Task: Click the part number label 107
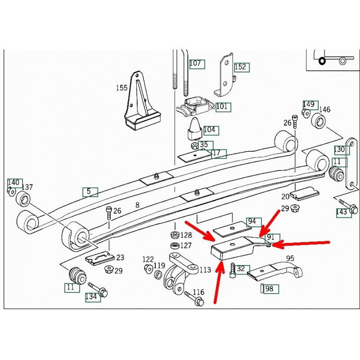point(196,63)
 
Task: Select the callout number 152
point(241,67)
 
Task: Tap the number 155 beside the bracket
point(121,88)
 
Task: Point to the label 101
point(222,107)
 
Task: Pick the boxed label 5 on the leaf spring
point(89,192)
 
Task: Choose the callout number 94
point(252,221)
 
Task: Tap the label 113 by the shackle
point(205,270)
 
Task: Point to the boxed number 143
point(343,211)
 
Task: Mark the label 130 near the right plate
point(340,149)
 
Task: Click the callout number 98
point(270,289)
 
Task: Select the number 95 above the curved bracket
point(290,258)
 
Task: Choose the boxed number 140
point(14,183)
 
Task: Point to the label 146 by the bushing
point(324,109)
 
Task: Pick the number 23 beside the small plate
point(120,258)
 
